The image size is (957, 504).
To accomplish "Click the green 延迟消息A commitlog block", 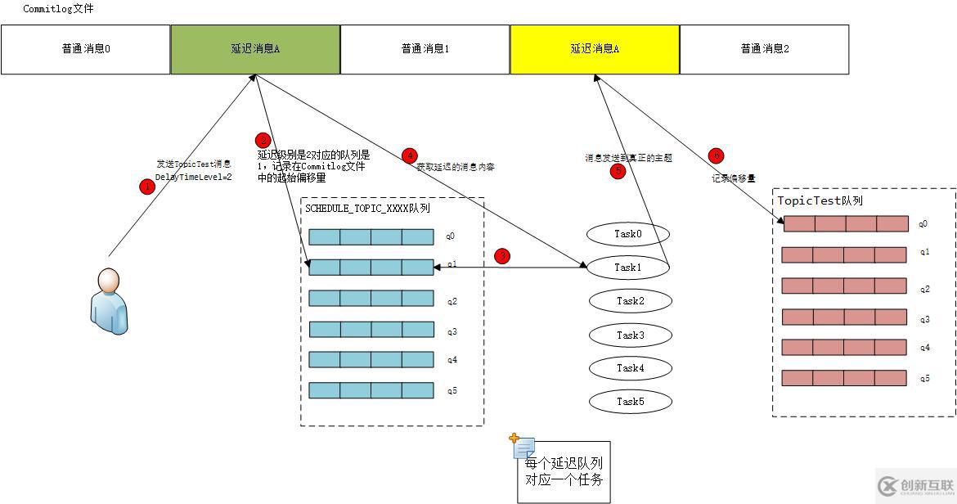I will coord(255,49).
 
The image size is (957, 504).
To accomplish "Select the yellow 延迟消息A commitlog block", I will coord(595,49).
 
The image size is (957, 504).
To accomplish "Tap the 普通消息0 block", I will coord(86,49).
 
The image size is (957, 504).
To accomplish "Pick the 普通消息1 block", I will coord(425,49).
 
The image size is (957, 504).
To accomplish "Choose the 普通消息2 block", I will coord(765,49).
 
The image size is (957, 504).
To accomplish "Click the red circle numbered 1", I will coord(147,187).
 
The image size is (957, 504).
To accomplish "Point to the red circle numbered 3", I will coord(502,256).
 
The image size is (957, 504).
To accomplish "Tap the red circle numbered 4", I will coord(410,155).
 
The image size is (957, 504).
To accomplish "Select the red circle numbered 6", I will coord(717,155).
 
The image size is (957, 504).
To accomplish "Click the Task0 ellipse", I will coord(629,235).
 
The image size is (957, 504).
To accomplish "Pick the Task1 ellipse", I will coord(629,268).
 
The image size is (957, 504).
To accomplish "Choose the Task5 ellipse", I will coord(630,402).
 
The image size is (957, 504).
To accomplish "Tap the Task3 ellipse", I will coord(630,335).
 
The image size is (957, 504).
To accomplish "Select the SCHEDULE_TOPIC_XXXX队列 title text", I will coord(367,209).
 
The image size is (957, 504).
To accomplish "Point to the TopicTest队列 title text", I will coord(820,200).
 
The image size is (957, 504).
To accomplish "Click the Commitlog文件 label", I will coord(58,9).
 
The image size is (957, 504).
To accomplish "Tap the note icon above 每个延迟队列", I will coord(523,446).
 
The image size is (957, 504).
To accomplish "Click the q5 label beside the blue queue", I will coord(452,390).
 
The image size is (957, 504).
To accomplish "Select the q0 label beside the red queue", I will coord(923,223).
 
